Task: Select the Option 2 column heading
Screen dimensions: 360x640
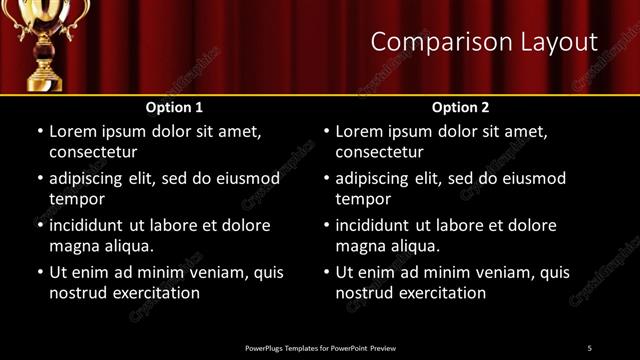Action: tap(460, 107)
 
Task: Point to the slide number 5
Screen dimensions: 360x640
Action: tap(589, 347)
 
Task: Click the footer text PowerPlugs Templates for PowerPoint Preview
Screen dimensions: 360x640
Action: tap(320, 347)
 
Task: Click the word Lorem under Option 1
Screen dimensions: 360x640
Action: tap(73, 131)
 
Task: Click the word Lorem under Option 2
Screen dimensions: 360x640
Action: tap(359, 131)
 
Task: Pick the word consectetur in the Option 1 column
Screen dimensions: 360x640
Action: tap(93, 152)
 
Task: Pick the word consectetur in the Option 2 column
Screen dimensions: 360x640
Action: tap(379, 152)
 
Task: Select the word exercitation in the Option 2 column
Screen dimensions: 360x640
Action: tap(443, 293)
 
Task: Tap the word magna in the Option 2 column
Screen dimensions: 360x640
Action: tap(361, 246)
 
